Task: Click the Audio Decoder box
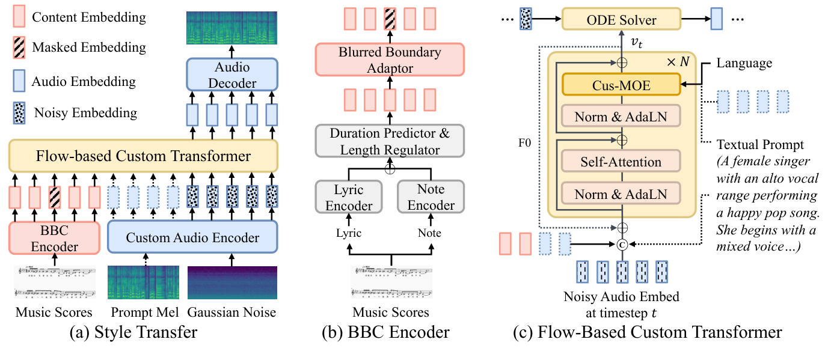click(x=232, y=75)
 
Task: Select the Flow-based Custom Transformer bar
click(x=143, y=156)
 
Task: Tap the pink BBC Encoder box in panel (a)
click(x=55, y=239)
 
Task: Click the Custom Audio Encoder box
click(x=192, y=238)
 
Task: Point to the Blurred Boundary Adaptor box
click(x=390, y=59)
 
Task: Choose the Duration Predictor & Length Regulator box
click(x=390, y=141)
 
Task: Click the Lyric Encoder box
click(x=349, y=197)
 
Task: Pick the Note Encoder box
click(x=431, y=197)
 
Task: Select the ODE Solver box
click(x=621, y=20)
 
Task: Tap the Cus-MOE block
click(x=621, y=85)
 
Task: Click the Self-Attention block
click(x=621, y=161)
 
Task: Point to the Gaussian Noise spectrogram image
click(x=232, y=282)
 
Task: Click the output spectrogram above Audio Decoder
click(x=232, y=28)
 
